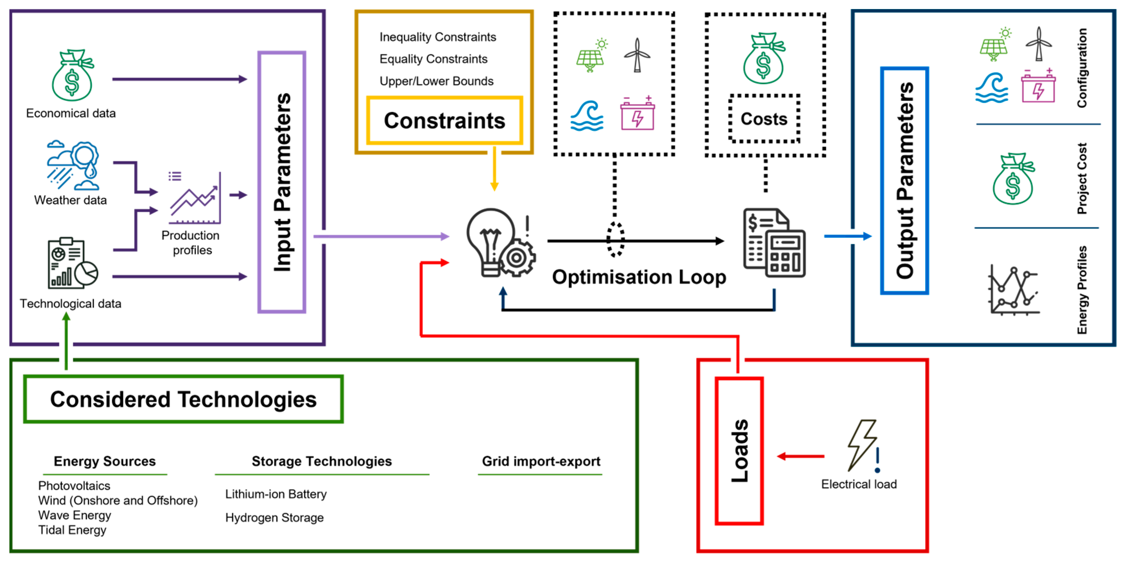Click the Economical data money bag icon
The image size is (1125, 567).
72,75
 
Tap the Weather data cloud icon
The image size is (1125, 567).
73,165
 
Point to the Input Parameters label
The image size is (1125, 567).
282,182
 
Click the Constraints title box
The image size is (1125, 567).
445,120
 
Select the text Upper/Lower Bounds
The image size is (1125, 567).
436,81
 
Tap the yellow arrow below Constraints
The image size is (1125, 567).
494,169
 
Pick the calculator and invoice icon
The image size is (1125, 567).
774,243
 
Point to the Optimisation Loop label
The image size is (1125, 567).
639,277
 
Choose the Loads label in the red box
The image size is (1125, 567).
739,451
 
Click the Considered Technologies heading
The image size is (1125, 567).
183,399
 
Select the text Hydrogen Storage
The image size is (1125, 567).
274,518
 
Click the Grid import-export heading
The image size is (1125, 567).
541,461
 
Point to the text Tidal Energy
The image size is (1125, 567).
72,530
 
